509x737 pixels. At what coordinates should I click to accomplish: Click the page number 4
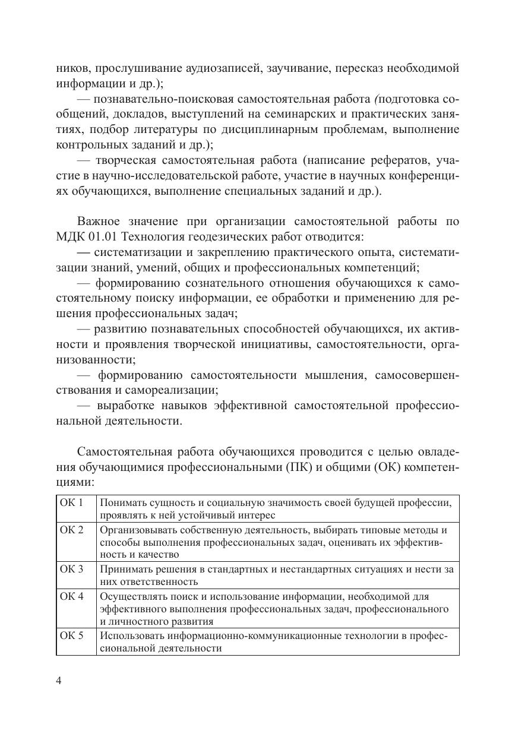click(x=59, y=681)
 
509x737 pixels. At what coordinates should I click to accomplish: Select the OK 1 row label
click(x=71, y=502)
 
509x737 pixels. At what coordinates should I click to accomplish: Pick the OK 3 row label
click(x=71, y=569)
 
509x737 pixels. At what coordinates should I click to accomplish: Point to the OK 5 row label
click(x=71, y=635)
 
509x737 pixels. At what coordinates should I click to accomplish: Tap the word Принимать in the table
click(x=123, y=569)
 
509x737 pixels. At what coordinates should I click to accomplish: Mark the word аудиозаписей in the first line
click(x=208, y=68)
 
